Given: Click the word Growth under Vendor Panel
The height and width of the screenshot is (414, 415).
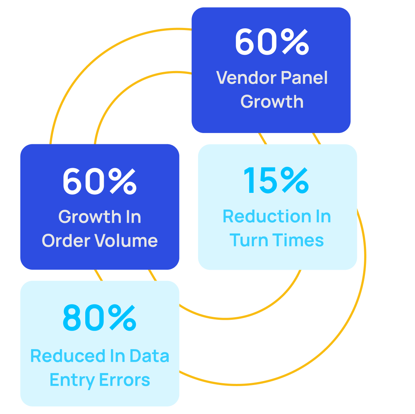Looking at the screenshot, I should tap(272, 102).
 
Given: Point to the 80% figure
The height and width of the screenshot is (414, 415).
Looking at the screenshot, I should tap(99, 318).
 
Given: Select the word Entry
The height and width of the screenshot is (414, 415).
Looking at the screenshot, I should tap(72, 380).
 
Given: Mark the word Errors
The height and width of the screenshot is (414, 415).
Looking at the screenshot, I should tap(125, 380).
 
